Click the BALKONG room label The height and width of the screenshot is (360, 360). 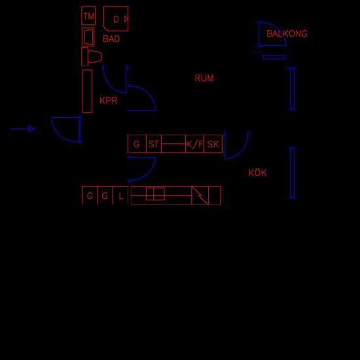coord(287,34)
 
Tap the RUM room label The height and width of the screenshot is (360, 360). coord(204,79)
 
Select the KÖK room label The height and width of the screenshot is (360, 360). coord(257,172)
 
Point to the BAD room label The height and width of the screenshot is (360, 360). coord(111,39)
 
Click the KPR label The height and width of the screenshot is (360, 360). coord(109,101)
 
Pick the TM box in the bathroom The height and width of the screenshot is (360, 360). coord(88,16)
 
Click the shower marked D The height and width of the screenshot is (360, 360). coord(116,18)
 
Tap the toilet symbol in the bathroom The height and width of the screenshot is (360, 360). coord(92,57)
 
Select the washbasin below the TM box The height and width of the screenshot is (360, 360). coord(88,37)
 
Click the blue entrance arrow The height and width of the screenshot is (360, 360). coord(22,129)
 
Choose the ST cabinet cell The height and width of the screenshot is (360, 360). coord(154,144)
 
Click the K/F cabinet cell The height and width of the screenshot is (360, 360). coord(194,144)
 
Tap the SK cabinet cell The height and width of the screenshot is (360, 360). coord(213,144)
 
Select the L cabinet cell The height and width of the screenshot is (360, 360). coord(120,196)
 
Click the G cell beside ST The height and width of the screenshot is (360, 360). coord(137,144)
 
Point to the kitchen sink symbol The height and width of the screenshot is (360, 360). coord(155,194)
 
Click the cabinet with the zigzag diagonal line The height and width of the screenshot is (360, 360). coord(200,196)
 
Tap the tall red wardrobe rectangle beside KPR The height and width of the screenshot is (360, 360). coord(87,91)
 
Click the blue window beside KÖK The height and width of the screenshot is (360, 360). coord(292,173)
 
